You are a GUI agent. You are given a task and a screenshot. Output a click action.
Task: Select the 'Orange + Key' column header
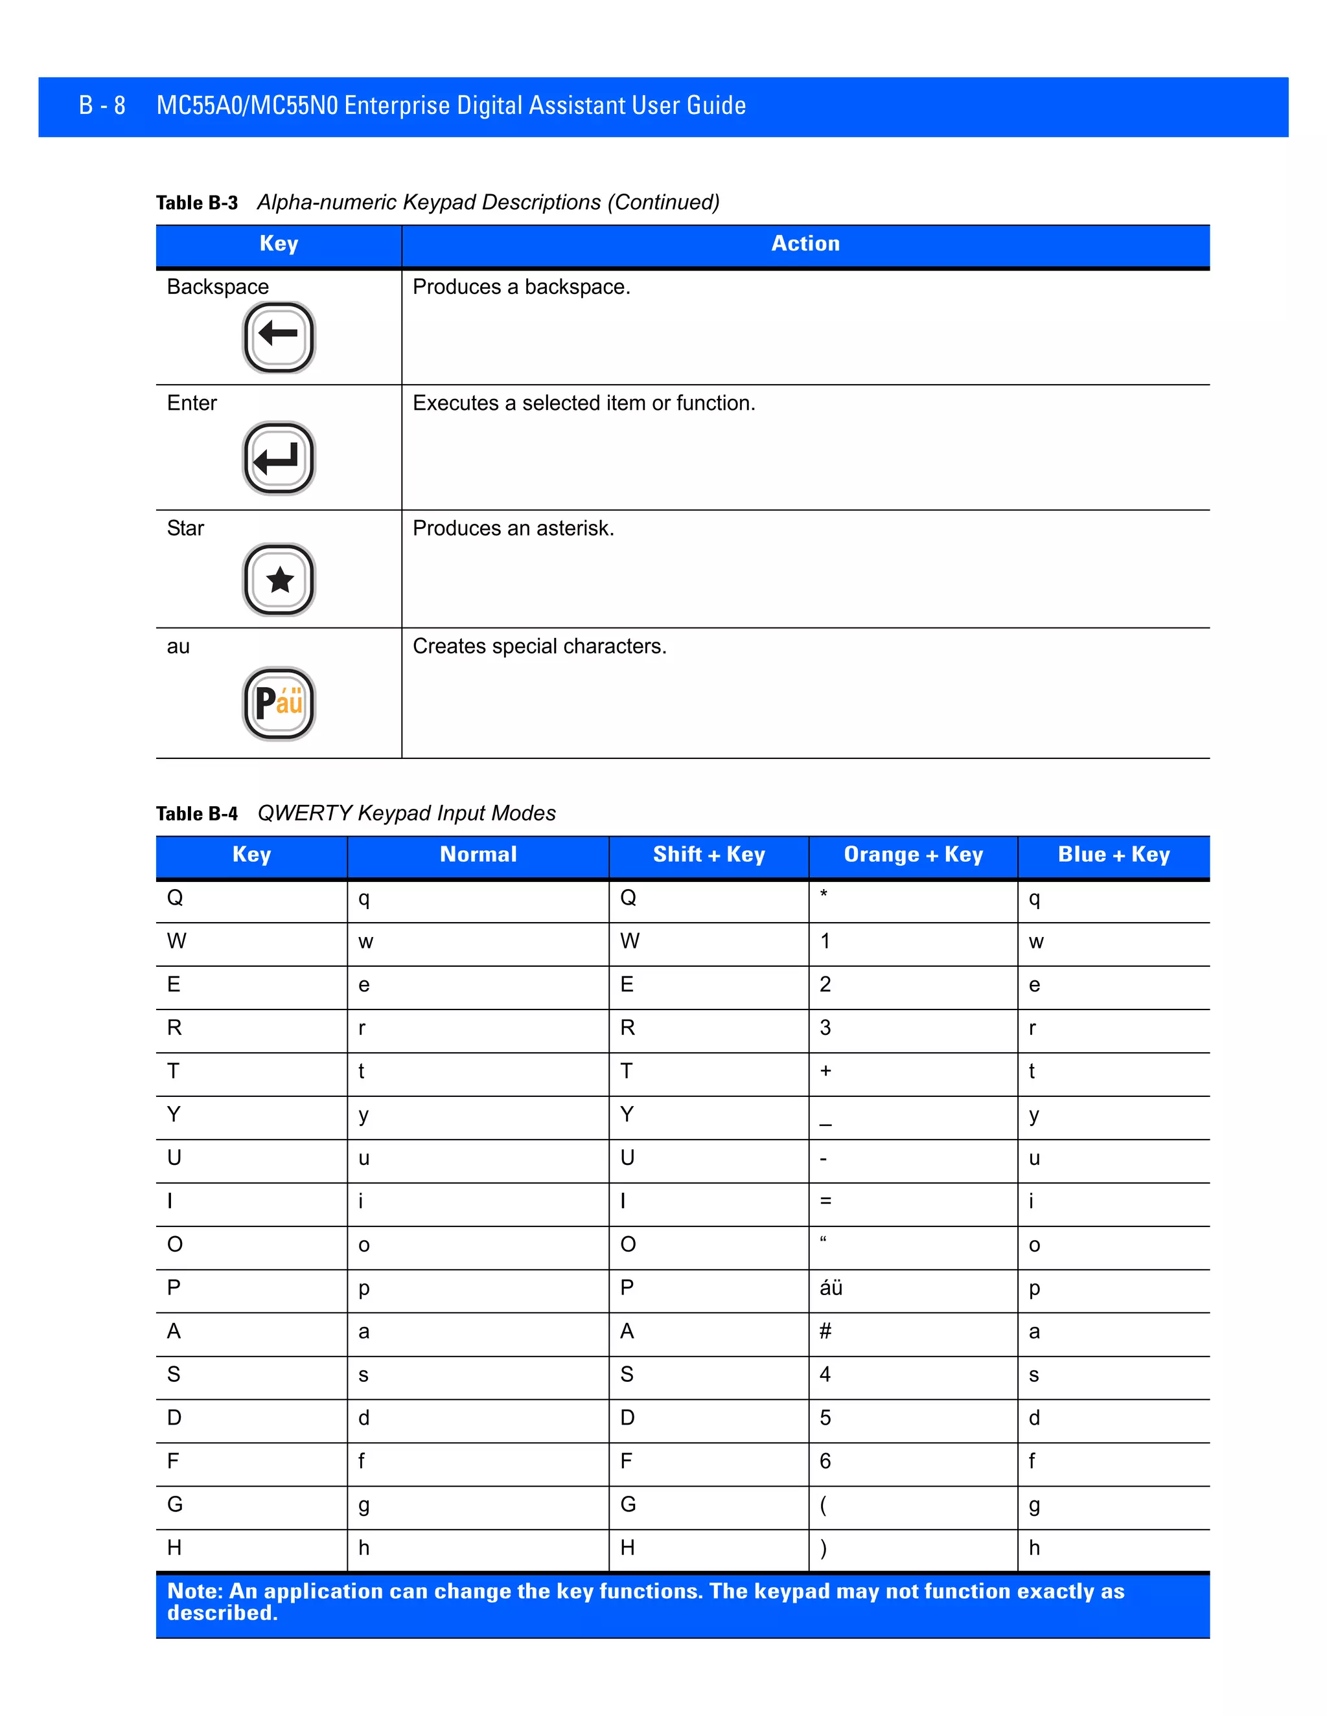[x=913, y=855]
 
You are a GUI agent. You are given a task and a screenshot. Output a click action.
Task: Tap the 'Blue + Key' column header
[x=1113, y=855]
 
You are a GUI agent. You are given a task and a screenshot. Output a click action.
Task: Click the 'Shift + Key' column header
[x=708, y=855]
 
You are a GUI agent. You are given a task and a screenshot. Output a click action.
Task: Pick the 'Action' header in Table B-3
[x=805, y=243]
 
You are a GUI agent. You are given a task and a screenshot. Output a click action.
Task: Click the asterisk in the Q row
[x=824, y=894]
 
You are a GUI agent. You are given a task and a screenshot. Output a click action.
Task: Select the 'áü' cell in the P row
[x=831, y=1288]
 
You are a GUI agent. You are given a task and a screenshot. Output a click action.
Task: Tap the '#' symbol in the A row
[x=825, y=1331]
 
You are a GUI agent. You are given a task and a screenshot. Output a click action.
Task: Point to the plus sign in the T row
[x=825, y=1071]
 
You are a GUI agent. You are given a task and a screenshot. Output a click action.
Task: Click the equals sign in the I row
[x=825, y=1201]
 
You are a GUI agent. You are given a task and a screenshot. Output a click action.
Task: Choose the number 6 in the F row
[x=825, y=1461]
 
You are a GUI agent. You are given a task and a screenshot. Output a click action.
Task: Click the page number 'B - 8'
[x=102, y=106]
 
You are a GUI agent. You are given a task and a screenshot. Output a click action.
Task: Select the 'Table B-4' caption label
[x=196, y=813]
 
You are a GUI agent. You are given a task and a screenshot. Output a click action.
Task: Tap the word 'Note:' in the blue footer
[x=195, y=1591]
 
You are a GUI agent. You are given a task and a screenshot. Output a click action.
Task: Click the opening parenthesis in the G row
[x=823, y=1505]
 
